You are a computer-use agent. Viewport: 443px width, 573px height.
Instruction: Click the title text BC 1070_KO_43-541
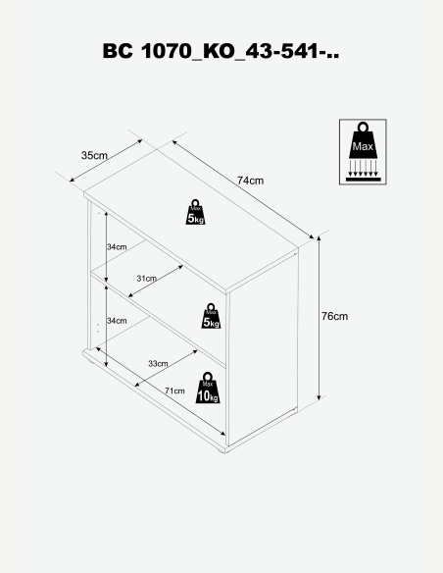[221, 51]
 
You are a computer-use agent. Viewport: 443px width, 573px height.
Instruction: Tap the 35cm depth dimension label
[94, 156]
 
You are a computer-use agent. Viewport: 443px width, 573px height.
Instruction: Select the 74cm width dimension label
[250, 181]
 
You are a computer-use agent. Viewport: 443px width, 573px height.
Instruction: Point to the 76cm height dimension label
[334, 316]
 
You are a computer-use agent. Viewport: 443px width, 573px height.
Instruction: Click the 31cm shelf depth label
[147, 279]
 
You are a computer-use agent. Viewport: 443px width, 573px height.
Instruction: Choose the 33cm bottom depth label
[158, 364]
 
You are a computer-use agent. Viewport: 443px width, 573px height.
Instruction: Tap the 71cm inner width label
[174, 391]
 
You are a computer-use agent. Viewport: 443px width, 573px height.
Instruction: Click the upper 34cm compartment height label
[117, 247]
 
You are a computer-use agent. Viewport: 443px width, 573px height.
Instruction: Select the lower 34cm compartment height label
[117, 321]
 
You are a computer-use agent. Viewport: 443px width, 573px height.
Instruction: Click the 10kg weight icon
[208, 389]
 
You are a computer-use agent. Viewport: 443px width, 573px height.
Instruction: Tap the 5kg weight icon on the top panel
[195, 212]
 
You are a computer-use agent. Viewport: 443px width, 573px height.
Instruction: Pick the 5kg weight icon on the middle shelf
[211, 316]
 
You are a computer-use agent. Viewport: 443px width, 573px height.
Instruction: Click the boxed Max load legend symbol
[363, 152]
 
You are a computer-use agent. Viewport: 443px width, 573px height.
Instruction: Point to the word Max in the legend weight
[363, 146]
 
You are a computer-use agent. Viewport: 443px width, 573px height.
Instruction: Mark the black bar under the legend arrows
[363, 180]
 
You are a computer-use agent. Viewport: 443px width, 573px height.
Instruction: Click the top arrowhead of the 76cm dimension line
[319, 239]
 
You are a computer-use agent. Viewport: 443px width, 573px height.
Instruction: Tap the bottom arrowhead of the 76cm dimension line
[319, 396]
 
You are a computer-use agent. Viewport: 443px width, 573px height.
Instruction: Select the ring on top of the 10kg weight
[208, 377]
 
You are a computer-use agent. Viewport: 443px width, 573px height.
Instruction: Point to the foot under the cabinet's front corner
[221, 451]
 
